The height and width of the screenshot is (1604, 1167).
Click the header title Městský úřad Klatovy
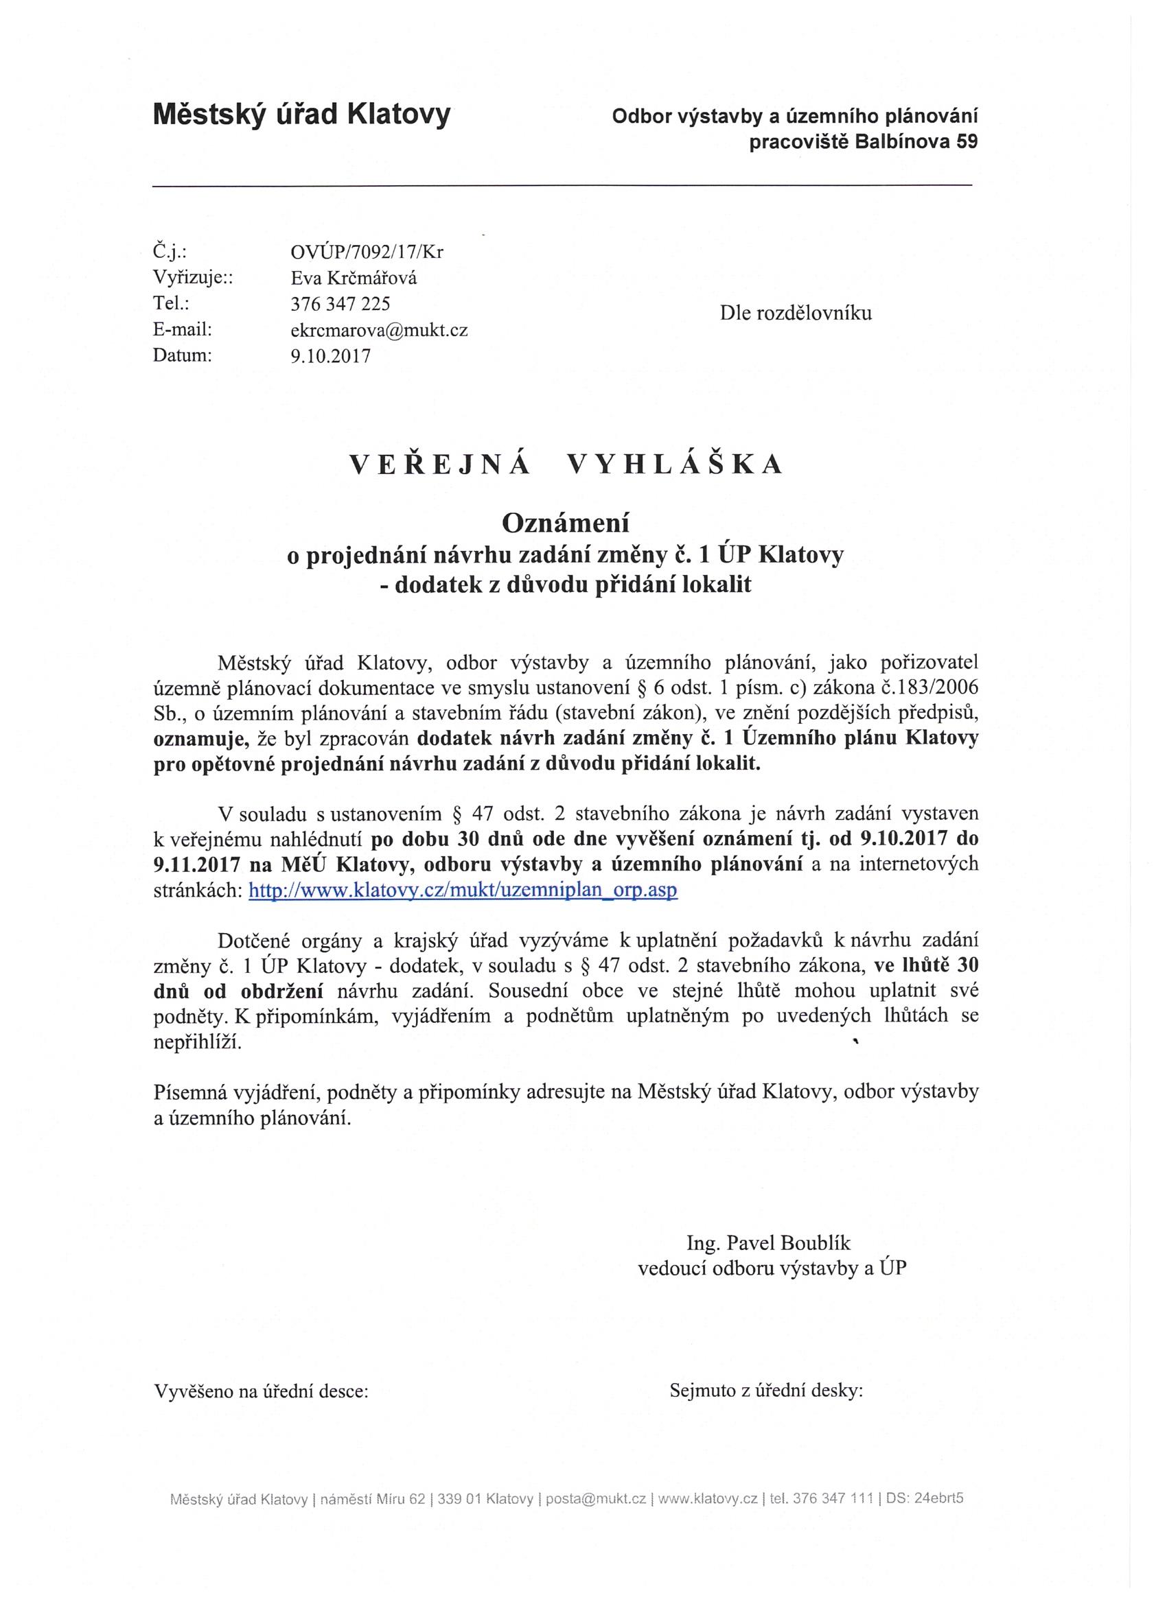[301, 114]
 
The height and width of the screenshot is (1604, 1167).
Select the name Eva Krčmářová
[353, 278]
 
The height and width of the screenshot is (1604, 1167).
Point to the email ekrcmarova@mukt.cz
[379, 330]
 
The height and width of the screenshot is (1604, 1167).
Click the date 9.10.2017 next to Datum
[330, 356]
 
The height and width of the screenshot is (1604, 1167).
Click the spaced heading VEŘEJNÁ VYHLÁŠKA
[566, 464]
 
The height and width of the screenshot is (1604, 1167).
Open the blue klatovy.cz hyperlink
[463, 891]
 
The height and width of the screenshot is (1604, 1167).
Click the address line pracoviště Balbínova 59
[864, 142]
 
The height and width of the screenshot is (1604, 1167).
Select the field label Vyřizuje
[192, 278]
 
